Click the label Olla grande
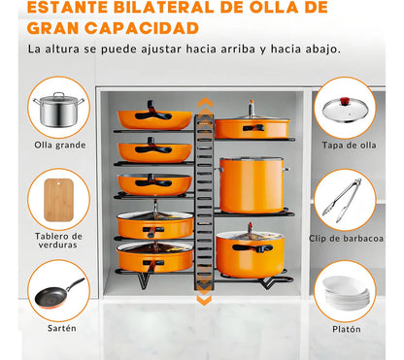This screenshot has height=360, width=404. click(58, 146)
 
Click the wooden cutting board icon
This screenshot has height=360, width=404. click(58, 199)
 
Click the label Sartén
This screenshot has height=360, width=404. click(58, 328)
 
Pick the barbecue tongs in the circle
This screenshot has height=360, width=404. click(344, 199)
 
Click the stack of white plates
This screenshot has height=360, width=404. click(344, 291)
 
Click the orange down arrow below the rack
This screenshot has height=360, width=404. click(204, 299)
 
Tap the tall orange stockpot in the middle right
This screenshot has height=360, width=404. click(251, 184)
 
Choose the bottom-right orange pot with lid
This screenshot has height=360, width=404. click(250, 254)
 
